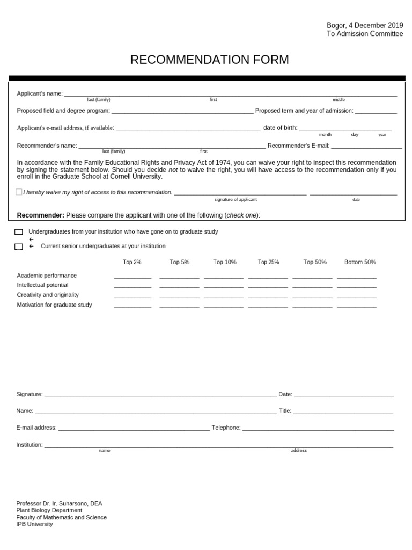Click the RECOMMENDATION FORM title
[209, 60]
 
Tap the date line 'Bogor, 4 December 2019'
[365, 25]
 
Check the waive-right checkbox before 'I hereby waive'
[19, 192]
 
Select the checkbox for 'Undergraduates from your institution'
[19, 232]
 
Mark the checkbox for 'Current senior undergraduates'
[19, 247]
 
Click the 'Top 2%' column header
[132, 262]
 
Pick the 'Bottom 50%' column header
[360, 262]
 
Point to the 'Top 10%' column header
[225, 262]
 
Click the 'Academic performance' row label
[47, 276]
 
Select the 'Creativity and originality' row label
[48, 295]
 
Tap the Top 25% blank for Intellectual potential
[268, 287]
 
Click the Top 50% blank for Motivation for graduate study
[312, 307]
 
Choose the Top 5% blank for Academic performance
[179, 277]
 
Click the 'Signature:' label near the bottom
[30, 394]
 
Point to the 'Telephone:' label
[226, 428]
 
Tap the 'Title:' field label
[285, 411]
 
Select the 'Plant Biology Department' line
[49, 510]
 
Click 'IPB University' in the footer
[35, 524]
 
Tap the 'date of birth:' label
[280, 128]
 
